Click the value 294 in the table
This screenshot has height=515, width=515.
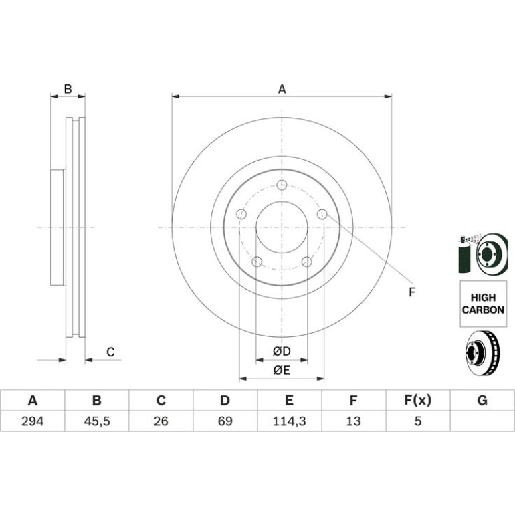(x=32, y=421)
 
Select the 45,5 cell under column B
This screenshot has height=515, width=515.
(x=96, y=421)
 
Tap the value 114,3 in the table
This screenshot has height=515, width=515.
(x=289, y=421)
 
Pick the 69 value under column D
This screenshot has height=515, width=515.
(x=225, y=421)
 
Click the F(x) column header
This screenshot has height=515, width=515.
(x=417, y=401)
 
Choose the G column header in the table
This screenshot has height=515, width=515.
(x=482, y=401)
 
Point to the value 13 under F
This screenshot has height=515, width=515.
(x=353, y=421)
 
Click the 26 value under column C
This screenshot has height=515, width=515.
(x=161, y=421)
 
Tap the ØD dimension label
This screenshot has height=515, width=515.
(x=282, y=351)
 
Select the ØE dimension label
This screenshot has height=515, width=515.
(x=282, y=370)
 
